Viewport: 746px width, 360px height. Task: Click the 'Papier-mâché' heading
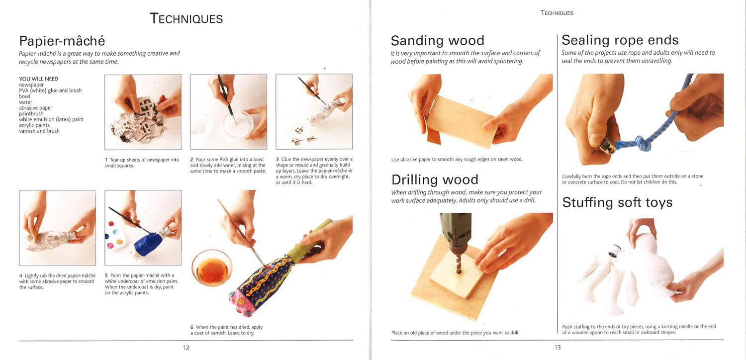pos(62,41)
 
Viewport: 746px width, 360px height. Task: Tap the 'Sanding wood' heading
pos(437,41)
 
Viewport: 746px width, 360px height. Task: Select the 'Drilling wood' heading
pos(435,180)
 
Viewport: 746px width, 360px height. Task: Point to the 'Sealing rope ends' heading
pos(620,40)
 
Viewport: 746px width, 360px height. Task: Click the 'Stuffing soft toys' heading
pos(617,202)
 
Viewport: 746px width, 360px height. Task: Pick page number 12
pos(186,348)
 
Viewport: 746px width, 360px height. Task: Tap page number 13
pos(558,348)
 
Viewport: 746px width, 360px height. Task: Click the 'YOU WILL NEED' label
pos(39,79)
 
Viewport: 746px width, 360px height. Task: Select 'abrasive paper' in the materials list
pos(36,108)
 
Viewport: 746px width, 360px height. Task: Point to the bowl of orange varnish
pos(212,268)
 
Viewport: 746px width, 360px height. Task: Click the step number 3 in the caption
pos(278,160)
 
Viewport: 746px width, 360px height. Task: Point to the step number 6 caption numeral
pos(192,327)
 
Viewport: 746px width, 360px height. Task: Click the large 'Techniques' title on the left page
pos(186,19)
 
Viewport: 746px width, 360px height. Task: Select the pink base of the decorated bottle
pos(243,303)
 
